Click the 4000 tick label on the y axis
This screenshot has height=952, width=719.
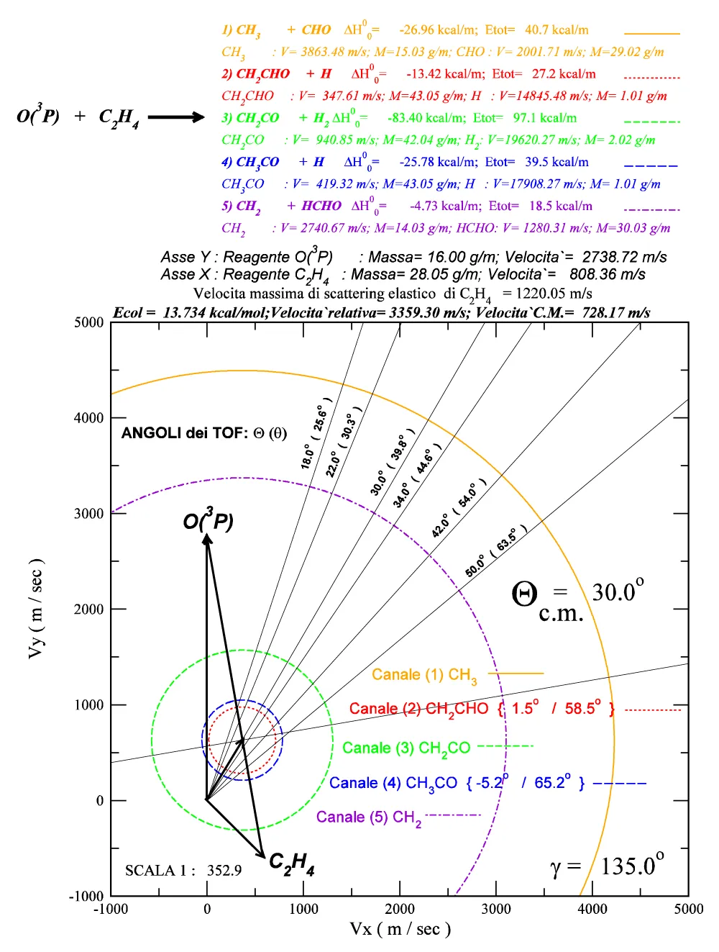89,418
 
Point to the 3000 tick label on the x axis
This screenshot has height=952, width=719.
496,909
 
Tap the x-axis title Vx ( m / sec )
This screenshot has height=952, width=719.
400,929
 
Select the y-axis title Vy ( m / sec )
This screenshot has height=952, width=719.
35,608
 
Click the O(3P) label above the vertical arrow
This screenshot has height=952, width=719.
208,520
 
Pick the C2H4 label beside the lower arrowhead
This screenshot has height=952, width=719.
291,863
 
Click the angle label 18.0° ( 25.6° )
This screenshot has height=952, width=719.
317,433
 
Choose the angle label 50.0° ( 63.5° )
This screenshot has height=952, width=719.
496,551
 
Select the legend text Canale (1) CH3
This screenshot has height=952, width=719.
424,675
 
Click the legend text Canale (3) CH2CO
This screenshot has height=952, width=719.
406,748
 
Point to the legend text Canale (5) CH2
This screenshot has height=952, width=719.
369,817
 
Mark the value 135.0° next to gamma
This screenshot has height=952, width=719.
632,865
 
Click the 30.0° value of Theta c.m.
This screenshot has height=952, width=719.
618,591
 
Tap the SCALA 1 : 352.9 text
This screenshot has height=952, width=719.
183,871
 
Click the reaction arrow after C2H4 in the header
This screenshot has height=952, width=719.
176,117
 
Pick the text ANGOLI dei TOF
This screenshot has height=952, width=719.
184,432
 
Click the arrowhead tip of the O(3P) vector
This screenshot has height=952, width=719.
207,536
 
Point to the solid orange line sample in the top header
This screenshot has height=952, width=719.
651,34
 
